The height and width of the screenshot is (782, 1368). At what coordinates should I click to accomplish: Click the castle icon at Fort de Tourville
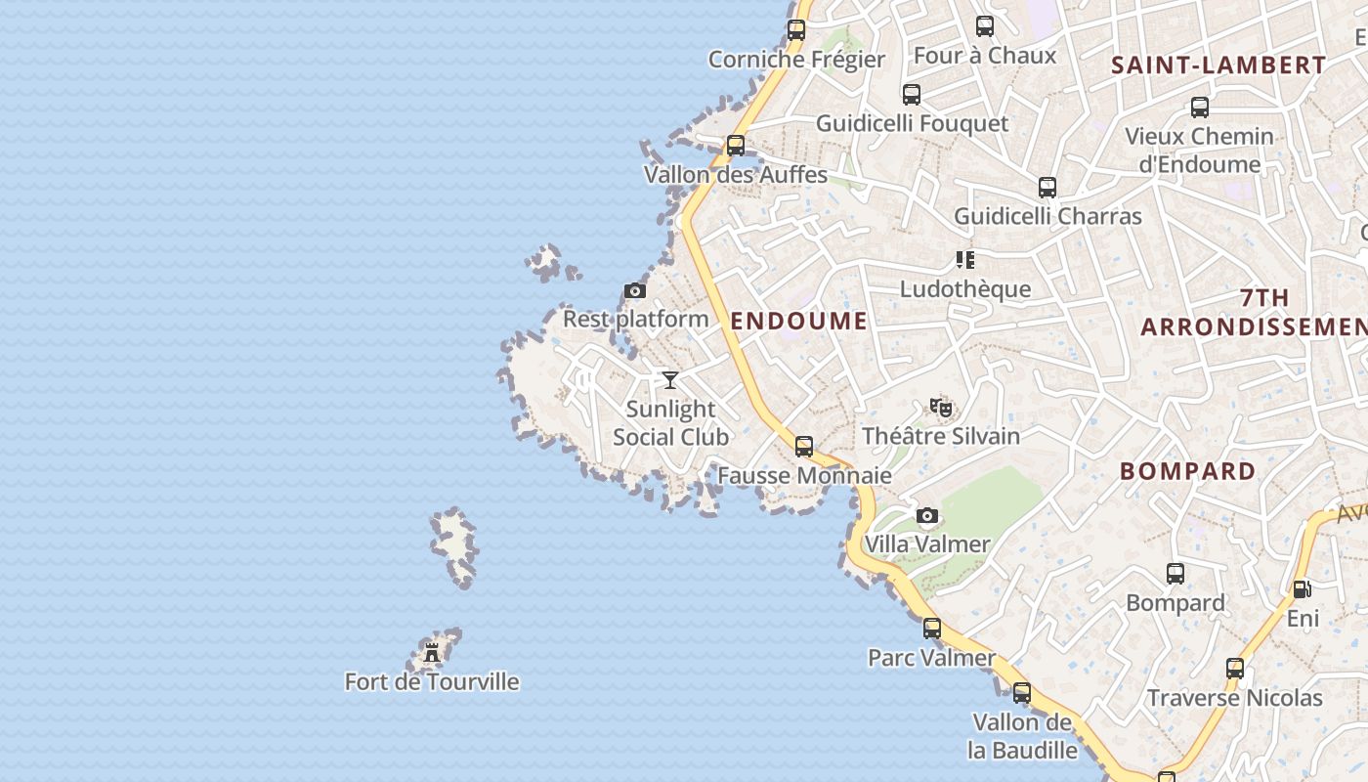(432, 653)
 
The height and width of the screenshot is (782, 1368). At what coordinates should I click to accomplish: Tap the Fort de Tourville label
(432, 681)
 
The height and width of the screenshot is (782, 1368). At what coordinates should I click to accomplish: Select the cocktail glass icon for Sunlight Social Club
(670, 380)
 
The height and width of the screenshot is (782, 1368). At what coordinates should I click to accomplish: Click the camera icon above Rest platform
(635, 290)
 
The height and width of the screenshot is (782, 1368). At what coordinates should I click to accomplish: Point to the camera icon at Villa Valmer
(927, 515)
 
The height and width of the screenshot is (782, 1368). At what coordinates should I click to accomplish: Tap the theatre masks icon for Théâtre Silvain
(941, 407)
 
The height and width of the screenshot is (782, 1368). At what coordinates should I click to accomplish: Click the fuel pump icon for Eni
(1302, 589)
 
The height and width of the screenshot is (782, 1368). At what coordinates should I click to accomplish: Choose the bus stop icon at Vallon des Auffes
(736, 146)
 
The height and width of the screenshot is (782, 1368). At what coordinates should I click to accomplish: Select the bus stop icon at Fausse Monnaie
(804, 447)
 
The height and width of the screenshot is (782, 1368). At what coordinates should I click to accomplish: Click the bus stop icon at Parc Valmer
(932, 629)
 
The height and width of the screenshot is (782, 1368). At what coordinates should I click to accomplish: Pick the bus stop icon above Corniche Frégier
(796, 30)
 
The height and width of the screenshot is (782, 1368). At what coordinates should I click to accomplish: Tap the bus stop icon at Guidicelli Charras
(1047, 187)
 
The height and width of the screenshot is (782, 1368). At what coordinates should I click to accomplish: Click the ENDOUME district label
(798, 321)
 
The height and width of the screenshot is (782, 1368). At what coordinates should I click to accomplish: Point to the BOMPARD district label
(1188, 471)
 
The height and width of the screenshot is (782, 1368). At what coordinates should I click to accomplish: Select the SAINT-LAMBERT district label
(1219, 65)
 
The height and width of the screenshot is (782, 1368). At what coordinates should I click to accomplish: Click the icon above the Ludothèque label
(965, 260)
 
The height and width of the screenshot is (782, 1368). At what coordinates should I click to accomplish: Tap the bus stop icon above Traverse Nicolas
(1235, 669)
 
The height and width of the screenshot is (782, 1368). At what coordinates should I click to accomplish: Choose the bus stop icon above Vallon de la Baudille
(1022, 693)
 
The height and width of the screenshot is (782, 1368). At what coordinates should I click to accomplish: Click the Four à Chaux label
(985, 55)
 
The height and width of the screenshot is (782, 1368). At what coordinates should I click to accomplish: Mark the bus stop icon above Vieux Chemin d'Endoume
(1200, 108)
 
